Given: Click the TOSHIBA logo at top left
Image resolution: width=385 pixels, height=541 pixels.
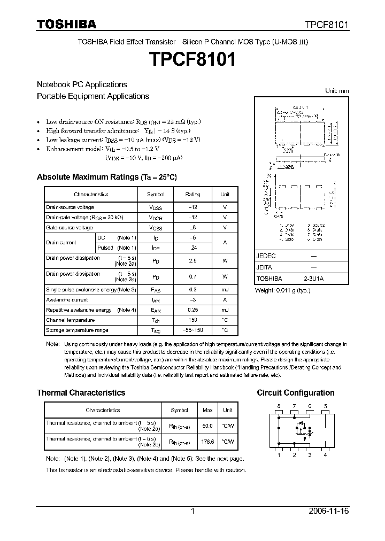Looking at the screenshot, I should tap(66, 24).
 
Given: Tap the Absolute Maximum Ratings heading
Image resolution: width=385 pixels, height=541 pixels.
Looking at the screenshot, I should tap(106, 177).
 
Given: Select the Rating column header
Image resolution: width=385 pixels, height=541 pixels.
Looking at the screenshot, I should tap(192, 195).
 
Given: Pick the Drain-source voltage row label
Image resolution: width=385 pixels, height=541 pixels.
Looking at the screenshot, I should tap(70, 207).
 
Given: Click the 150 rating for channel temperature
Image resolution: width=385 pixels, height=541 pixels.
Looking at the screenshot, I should tap(192, 320).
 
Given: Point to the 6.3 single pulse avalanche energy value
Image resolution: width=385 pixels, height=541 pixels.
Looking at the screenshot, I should tap(192, 290).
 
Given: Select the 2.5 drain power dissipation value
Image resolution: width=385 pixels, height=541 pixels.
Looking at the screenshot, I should tap(192, 261).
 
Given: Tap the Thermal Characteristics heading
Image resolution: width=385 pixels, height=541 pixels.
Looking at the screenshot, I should tap(81, 392).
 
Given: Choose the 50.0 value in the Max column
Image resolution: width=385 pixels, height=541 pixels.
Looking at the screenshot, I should tap(207, 426).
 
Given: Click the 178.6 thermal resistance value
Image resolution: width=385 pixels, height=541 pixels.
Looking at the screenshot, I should tap(207, 442).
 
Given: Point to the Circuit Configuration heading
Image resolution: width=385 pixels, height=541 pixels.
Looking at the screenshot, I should tap(296, 392).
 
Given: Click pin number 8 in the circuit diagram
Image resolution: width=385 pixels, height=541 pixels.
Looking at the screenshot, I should tap(279, 407).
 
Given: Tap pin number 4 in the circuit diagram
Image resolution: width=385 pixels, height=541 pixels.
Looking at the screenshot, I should tap(325, 455).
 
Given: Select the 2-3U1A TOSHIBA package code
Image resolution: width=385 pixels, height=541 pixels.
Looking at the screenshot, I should tap(314, 279).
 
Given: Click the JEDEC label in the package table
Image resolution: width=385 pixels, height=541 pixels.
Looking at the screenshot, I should tap(266, 256).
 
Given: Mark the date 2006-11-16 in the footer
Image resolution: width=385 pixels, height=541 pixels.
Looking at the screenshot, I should tap(329, 511).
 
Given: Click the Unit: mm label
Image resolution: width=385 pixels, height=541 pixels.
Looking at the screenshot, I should tap(337, 91).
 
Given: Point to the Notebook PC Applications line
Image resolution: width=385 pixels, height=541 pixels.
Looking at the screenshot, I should tap(82, 84).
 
